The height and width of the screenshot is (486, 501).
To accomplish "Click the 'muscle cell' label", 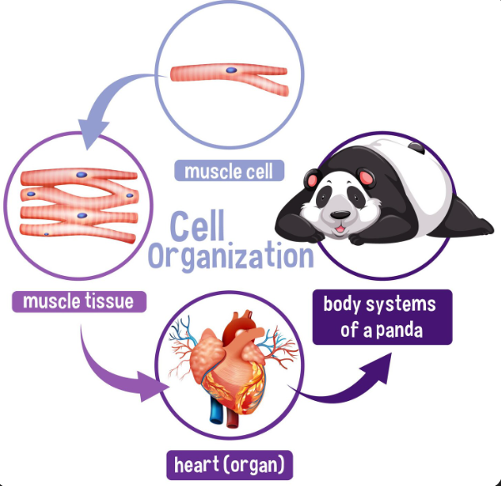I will (x=229, y=172).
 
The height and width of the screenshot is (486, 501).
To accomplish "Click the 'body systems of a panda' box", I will (x=381, y=316).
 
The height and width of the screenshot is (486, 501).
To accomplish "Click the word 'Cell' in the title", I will (x=197, y=223).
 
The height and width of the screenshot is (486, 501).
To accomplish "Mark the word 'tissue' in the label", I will (x=105, y=300).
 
